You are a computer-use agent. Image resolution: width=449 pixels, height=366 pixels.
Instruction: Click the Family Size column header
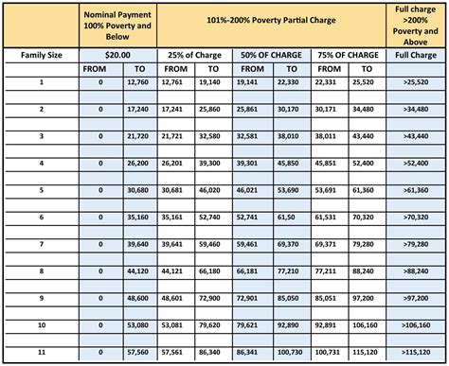click(x=41, y=56)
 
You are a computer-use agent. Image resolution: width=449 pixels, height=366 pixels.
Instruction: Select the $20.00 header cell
click(x=117, y=56)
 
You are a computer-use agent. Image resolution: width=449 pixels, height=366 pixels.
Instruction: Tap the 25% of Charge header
click(x=193, y=56)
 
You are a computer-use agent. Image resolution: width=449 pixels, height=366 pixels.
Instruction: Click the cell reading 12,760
click(x=138, y=82)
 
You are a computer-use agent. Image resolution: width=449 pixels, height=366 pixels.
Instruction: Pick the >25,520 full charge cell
click(x=418, y=82)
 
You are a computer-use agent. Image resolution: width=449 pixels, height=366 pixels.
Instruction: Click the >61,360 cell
click(x=418, y=189)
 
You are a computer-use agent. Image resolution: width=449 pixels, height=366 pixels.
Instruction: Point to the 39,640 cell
click(x=138, y=243)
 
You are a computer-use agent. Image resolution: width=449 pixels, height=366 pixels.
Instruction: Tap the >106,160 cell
click(x=418, y=323)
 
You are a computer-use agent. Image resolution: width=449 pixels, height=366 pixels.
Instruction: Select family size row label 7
click(x=41, y=243)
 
